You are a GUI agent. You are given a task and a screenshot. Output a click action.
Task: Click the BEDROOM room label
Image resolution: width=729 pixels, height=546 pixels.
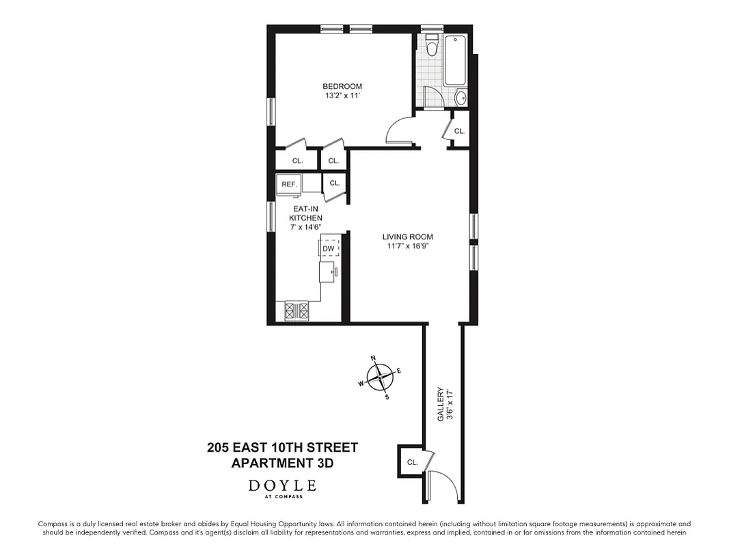pyautogui.click(x=342, y=87)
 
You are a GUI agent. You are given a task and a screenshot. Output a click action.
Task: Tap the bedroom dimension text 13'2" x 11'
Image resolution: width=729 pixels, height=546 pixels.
pyautogui.click(x=342, y=96)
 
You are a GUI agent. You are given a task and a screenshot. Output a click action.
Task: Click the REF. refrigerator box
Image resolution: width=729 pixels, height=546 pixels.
pyautogui.click(x=288, y=184)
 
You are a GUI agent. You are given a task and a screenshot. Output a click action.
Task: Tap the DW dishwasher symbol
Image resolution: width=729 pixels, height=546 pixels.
pyautogui.click(x=329, y=248)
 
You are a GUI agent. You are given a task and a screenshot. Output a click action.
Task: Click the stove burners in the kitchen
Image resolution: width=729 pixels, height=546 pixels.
pyautogui.click(x=297, y=311)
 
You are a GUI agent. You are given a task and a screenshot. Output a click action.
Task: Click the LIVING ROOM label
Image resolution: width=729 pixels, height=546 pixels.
pyautogui.click(x=408, y=238)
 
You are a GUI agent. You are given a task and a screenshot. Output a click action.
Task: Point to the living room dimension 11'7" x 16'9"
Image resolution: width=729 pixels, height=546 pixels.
pyautogui.click(x=408, y=247)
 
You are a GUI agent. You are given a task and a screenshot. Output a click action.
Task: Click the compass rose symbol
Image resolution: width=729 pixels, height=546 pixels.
pyautogui.click(x=380, y=376)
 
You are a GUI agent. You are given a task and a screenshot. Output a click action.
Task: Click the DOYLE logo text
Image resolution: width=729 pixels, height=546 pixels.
pyautogui.click(x=282, y=486)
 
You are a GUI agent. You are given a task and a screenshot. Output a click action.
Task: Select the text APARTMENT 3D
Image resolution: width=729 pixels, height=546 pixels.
pyautogui.click(x=282, y=463)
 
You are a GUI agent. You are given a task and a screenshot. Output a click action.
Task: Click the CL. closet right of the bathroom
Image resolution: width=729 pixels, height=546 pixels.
pyautogui.click(x=459, y=131)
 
